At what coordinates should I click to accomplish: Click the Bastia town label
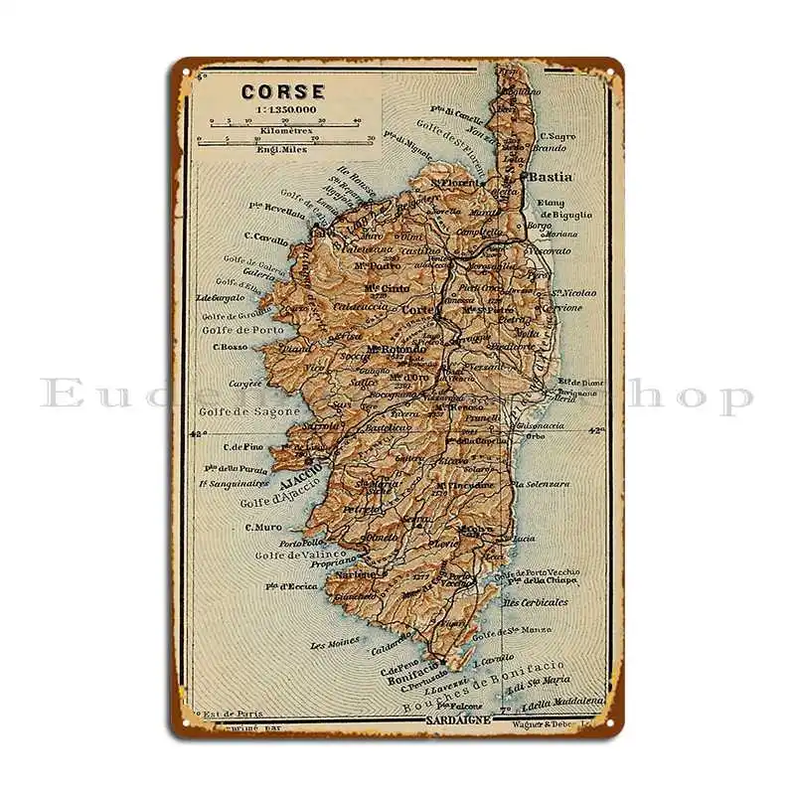pos(550,176)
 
